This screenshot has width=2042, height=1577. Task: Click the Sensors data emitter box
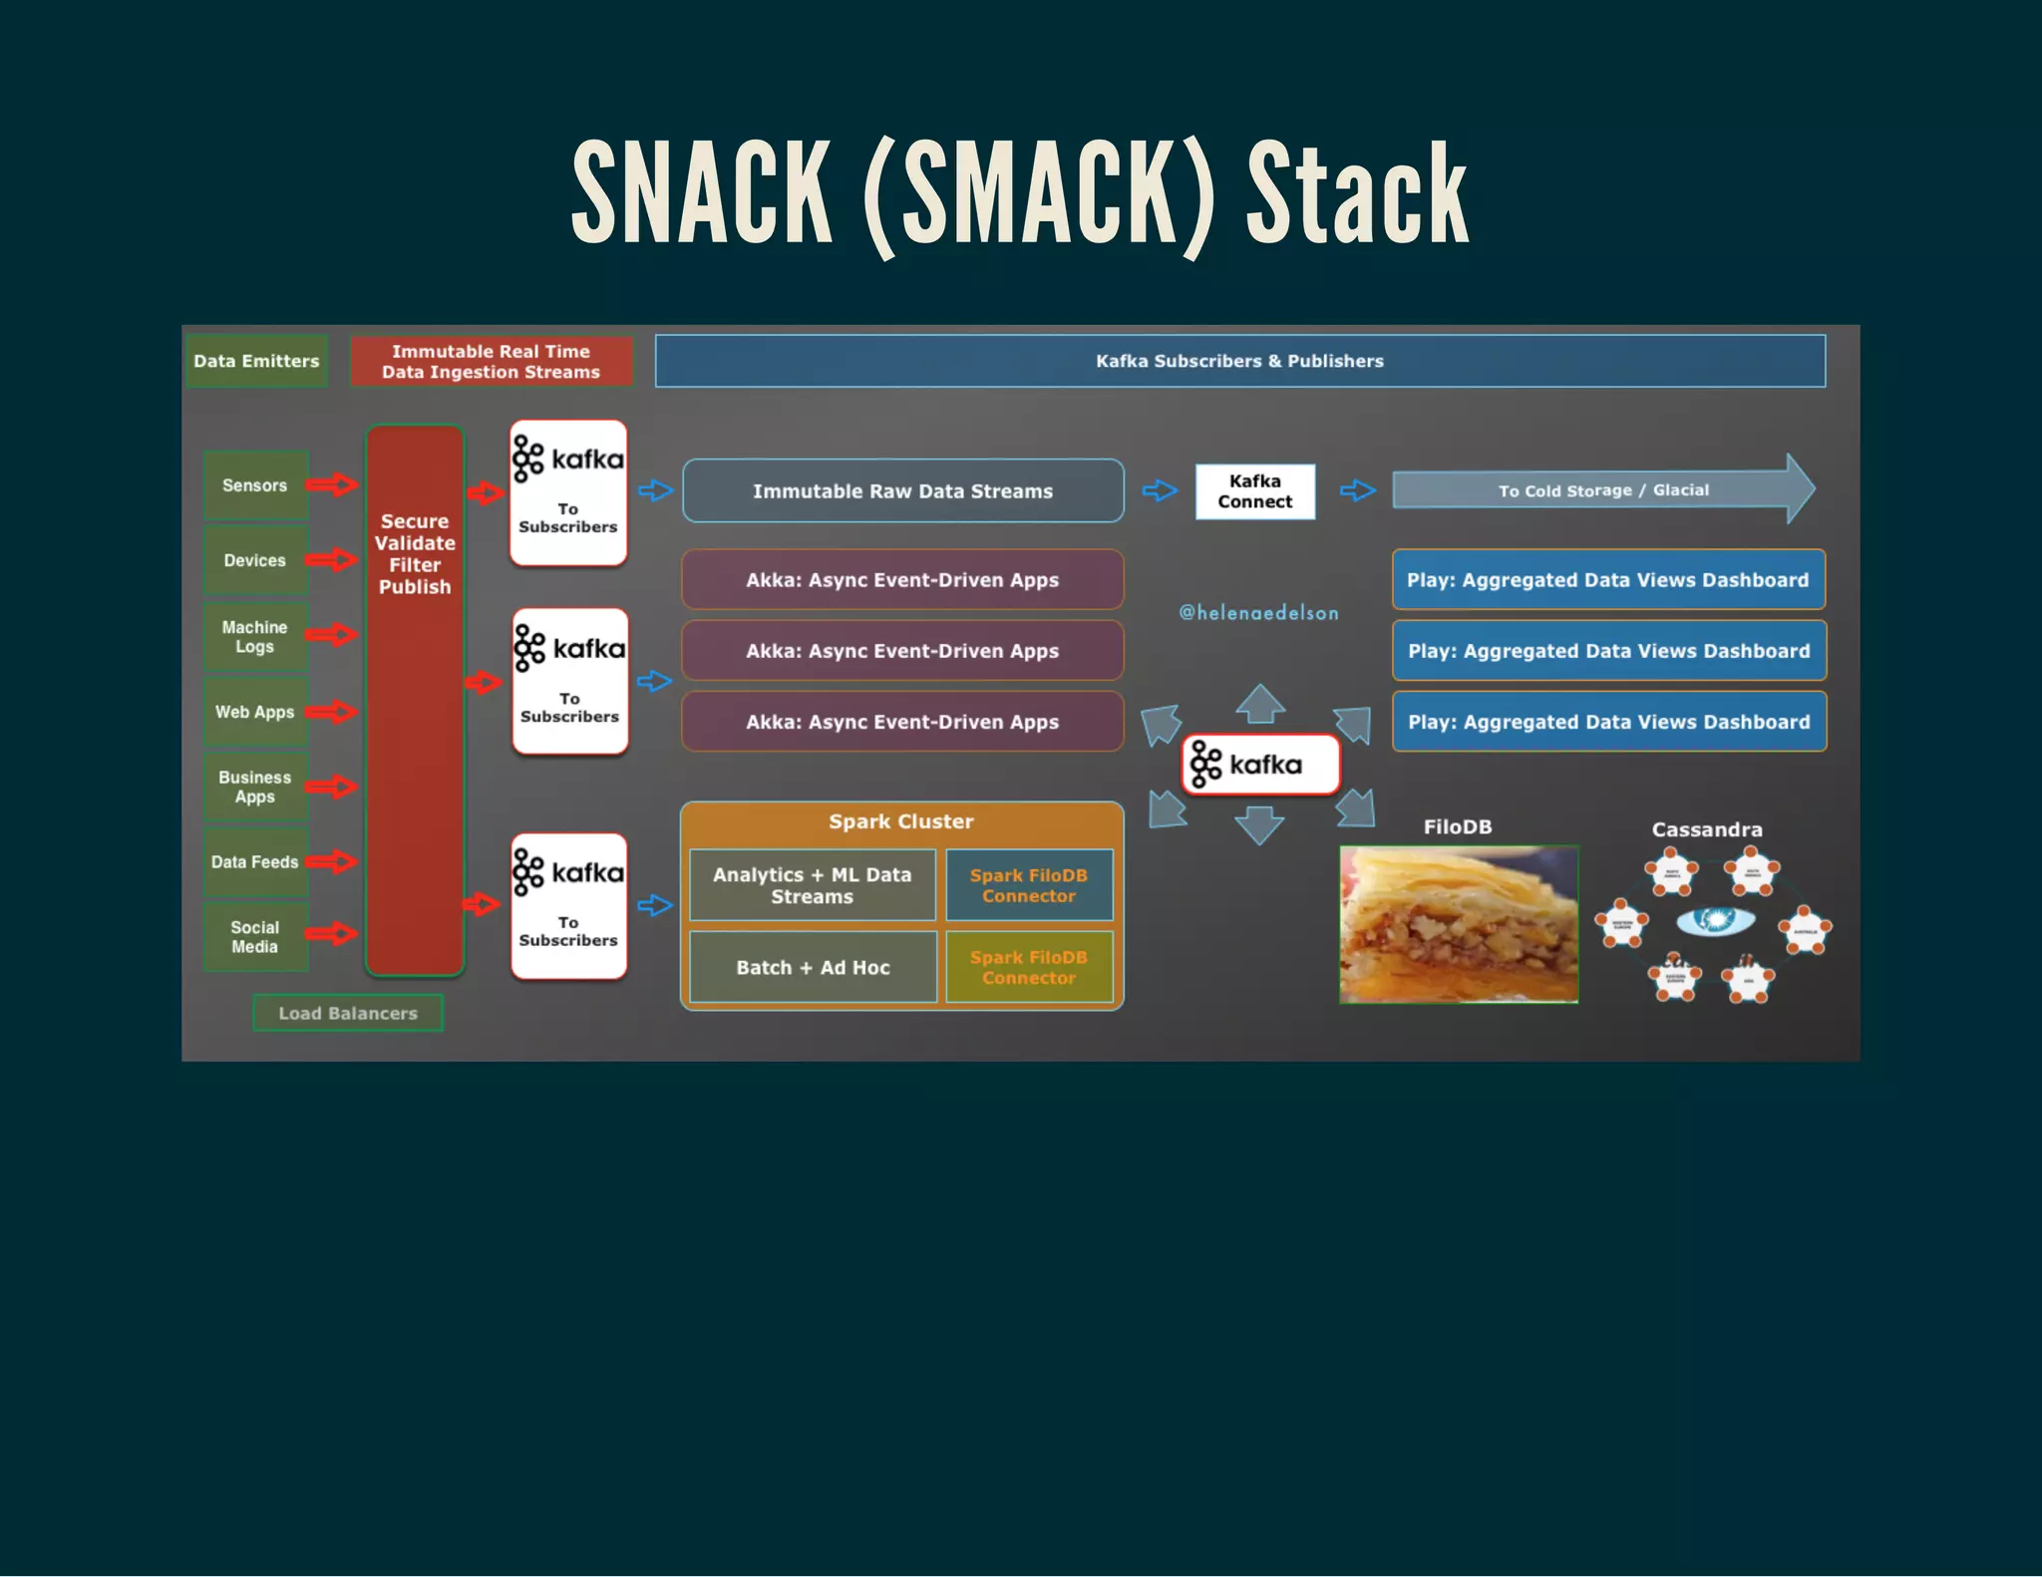255,485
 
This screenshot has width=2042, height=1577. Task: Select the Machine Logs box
255,637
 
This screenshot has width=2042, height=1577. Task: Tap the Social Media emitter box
255,937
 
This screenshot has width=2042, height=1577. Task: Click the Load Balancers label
348,1013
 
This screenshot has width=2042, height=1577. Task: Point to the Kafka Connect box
1254,491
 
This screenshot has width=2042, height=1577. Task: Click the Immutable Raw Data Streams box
902,491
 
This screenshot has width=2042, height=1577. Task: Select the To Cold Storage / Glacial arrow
1602,490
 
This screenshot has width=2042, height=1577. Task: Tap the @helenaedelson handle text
1258,613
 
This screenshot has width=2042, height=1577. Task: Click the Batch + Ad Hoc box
813,967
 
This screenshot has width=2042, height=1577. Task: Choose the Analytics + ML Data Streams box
813,885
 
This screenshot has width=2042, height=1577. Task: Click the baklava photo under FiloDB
1459,924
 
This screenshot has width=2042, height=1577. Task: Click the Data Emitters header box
256,361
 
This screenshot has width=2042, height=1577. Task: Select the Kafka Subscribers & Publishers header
1239,361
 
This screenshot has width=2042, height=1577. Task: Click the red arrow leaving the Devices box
332,560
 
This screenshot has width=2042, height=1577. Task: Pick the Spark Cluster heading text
901,821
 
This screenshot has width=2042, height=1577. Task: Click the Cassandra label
1707,829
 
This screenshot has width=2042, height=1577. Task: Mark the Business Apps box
255,787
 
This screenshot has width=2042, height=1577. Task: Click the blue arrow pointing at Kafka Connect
1160,490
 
